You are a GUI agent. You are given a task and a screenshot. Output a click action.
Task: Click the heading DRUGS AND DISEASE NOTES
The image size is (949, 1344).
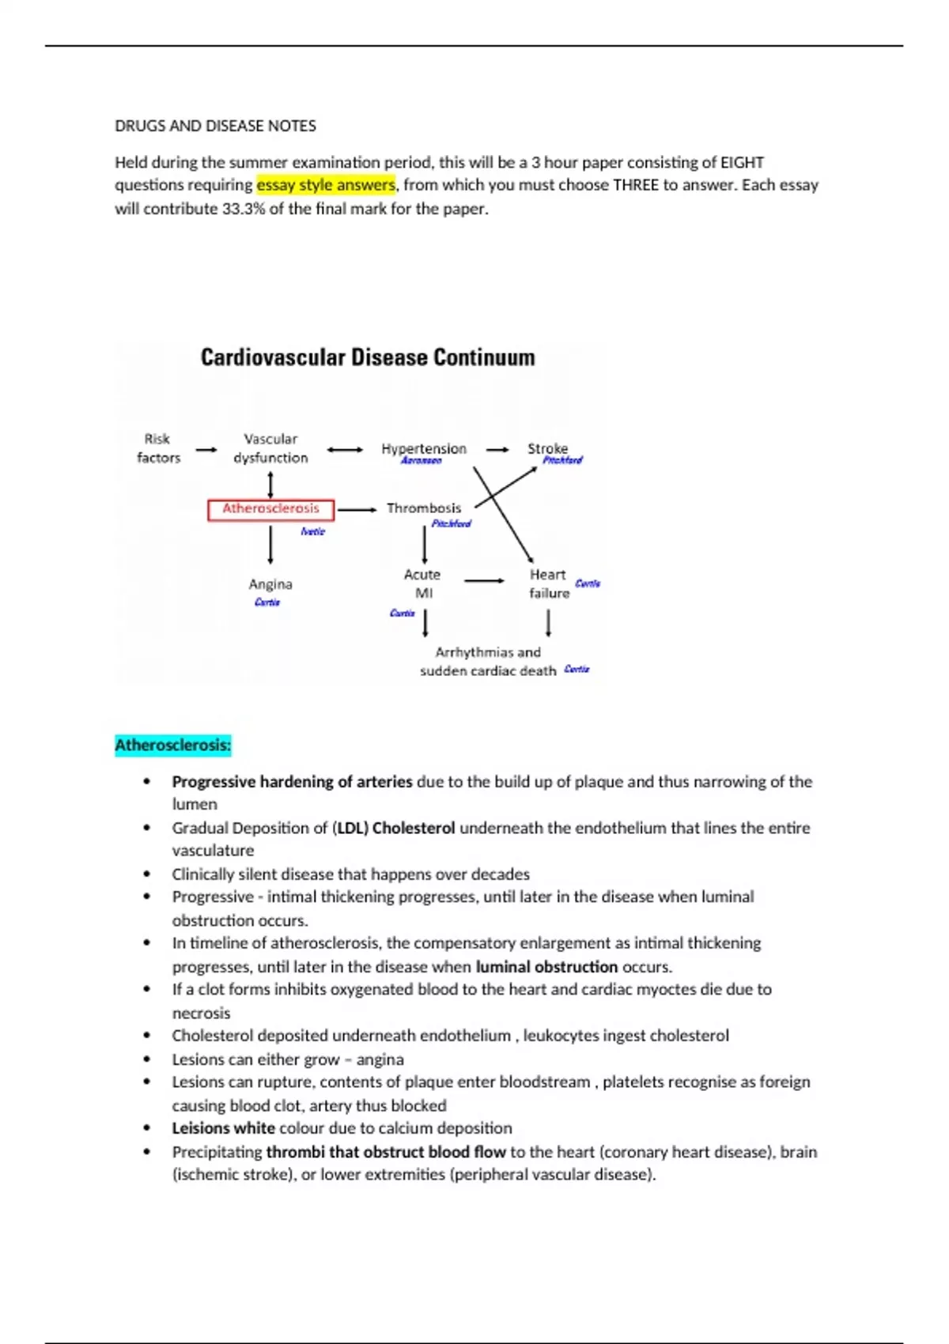(215, 126)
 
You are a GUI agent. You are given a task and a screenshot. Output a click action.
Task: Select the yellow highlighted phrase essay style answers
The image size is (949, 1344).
(325, 185)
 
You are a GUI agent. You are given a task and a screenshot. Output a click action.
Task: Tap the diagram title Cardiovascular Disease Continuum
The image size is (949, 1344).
(368, 357)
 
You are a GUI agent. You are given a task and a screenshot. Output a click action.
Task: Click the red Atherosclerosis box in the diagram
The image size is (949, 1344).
(270, 509)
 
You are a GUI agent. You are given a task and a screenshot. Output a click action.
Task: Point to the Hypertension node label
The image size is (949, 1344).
(424, 448)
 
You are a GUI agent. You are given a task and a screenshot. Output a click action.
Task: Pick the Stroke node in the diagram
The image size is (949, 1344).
(547, 448)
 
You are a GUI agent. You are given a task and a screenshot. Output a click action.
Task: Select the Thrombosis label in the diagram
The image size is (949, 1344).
(423, 508)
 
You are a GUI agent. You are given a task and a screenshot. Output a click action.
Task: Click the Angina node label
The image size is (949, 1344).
(270, 584)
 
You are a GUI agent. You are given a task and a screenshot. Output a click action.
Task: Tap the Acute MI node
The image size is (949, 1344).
(422, 583)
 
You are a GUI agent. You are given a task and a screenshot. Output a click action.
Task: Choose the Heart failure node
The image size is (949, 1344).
(549, 583)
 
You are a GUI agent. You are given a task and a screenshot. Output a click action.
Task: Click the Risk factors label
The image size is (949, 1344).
(158, 448)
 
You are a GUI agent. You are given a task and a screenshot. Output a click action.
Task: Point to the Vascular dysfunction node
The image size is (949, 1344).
(270, 448)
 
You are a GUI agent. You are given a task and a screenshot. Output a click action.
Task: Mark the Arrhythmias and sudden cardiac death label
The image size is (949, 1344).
(488, 662)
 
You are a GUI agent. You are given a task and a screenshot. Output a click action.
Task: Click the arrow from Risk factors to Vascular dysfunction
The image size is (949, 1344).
(206, 450)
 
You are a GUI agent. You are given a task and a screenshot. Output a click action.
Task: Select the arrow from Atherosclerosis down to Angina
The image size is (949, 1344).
(270, 545)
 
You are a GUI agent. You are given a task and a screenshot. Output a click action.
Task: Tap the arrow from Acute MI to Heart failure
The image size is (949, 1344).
(484, 581)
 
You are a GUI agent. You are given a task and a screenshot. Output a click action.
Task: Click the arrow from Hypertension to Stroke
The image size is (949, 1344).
(497, 450)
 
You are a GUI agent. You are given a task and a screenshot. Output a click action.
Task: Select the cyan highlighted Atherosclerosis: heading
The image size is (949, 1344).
(173, 745)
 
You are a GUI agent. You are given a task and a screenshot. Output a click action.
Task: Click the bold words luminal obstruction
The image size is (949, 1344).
(546, 966)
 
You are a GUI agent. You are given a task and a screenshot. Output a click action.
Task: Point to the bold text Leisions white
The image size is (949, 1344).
(223, 1128)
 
